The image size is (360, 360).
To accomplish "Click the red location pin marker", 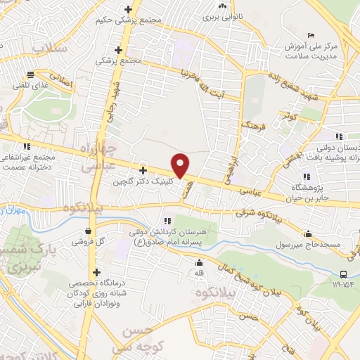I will pos(181,165).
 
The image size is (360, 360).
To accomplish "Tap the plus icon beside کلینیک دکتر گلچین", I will pos(143,170).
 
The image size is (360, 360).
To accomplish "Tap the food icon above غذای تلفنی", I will pos(30,74).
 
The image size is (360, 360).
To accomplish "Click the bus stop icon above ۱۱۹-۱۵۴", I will pos(342,274).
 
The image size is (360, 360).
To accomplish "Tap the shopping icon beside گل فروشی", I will pos(87,231).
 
